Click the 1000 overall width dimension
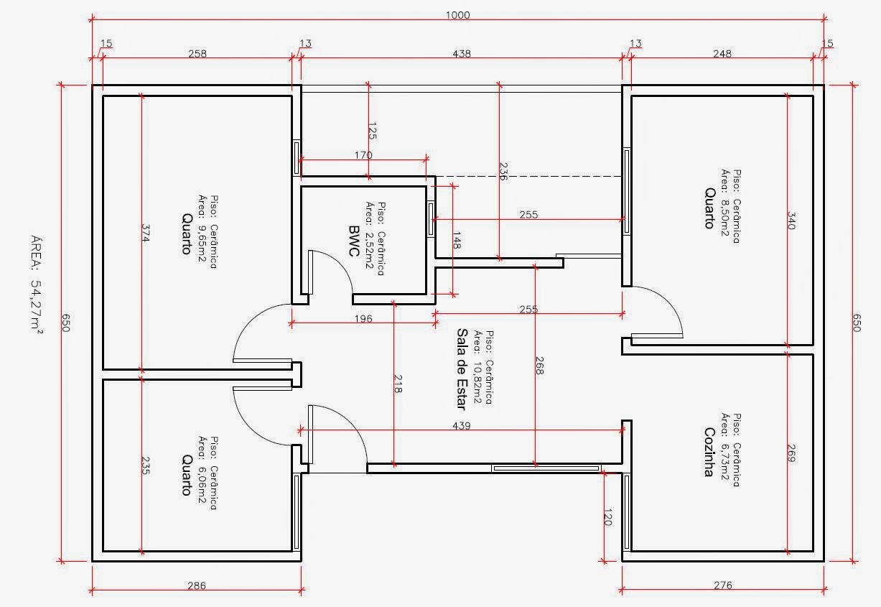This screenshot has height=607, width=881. [458, 15]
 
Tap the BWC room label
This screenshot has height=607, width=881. [354, 241]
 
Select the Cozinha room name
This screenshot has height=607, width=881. [709, 452]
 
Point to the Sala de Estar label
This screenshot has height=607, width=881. [462, 369]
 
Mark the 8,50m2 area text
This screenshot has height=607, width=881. [725, 218]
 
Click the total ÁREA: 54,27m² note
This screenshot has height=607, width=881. [37, 284]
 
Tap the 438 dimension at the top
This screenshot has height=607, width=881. [462, 53]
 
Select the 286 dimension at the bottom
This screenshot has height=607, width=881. [197, 585]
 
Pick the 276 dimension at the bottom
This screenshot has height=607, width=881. [723, 585]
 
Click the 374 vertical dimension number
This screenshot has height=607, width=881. [146, 233]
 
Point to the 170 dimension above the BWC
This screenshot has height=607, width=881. [363, 154]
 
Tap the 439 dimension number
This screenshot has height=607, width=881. [462, 425]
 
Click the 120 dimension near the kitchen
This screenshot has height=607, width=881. [607, 517]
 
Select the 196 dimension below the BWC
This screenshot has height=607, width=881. [363, 318]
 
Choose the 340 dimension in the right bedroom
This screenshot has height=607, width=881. [792, 221]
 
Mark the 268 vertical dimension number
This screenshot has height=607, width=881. [540, 366]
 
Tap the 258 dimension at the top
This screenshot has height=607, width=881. [197, 53]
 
